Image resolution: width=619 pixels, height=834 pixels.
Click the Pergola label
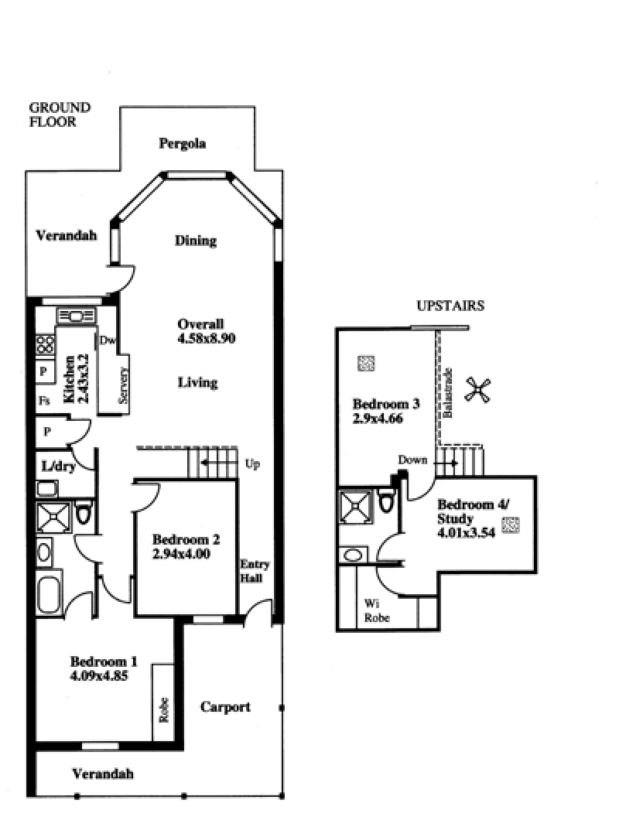[183, 144]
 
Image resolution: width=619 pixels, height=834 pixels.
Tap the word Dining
[196, 241]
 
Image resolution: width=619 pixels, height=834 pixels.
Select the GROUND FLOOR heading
[60, 115]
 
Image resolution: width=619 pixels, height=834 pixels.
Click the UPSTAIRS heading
[450, 306]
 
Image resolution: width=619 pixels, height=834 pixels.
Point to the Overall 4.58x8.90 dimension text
[207, 331]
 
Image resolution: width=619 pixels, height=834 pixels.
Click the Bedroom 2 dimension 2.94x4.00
[181, 554]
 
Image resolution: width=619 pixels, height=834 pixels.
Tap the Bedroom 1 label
[104, 661]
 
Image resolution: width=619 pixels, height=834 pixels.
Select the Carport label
[225, 707]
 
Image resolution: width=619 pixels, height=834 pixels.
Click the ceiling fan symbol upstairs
[477, 390]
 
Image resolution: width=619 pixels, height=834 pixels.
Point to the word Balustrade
[448, 392]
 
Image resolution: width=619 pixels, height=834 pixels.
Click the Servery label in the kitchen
[123, 385]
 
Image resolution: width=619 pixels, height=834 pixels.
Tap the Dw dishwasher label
[108, 340]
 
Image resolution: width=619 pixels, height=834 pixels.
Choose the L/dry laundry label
[59, 467]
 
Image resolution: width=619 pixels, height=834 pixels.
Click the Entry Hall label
[255, 571]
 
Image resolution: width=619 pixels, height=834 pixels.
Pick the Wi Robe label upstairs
[377, 610]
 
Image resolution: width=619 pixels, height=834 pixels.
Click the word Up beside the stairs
[252, 464]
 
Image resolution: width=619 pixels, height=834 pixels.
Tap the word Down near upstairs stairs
[412, 460]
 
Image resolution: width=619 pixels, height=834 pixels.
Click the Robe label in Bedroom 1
[164, 710]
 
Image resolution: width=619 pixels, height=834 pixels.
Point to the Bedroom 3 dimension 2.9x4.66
[378, 419]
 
